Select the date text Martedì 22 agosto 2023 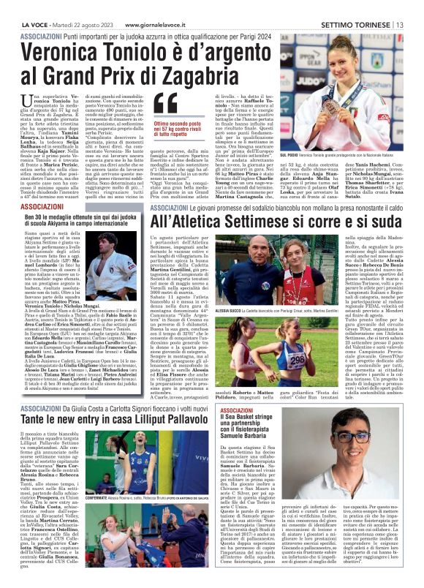tap(80, 6)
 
